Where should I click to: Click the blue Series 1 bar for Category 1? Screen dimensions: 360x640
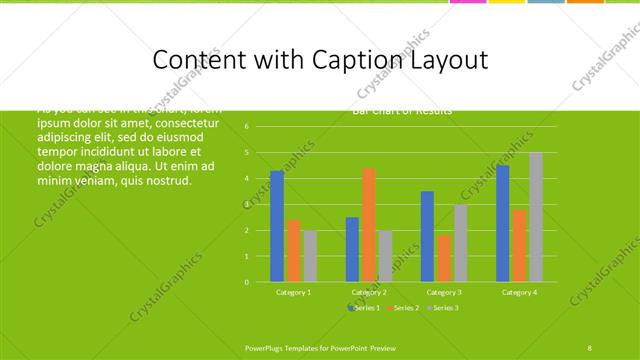coord(277,226)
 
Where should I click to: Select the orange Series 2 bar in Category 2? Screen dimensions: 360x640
coord(369,225)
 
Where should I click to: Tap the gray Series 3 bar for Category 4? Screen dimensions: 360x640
coord(535,217)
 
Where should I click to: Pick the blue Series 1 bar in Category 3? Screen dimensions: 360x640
coord(427,236)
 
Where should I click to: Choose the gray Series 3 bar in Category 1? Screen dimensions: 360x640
coord(310,256)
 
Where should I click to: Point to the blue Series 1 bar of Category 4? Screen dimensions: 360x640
coord(502,223)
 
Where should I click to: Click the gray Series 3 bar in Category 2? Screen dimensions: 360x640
coord(385,256)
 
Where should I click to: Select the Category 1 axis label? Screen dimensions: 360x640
coord(293,292)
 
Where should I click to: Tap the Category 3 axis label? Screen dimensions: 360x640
coord(443,292)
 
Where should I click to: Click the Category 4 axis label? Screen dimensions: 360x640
coord(518,292)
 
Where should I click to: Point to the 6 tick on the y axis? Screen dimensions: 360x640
coord(247,127)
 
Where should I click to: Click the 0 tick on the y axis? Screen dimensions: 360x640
coord(247,282)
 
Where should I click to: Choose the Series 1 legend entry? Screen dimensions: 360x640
coord(365,308)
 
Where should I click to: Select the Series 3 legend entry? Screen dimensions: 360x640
coord(443,308)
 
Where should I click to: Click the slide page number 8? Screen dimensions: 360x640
coord(590,346)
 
